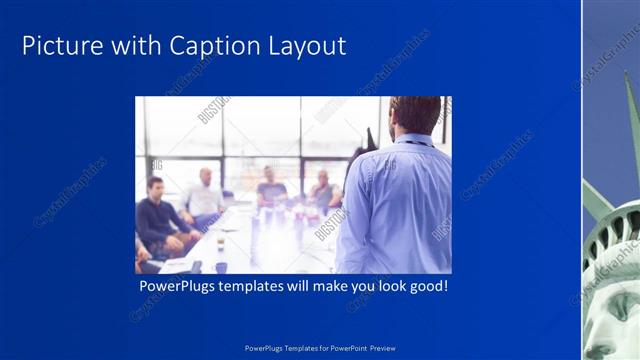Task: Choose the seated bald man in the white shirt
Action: coord(205,198)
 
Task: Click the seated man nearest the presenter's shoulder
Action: coord(322,190)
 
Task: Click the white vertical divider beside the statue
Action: coord(582,180)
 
